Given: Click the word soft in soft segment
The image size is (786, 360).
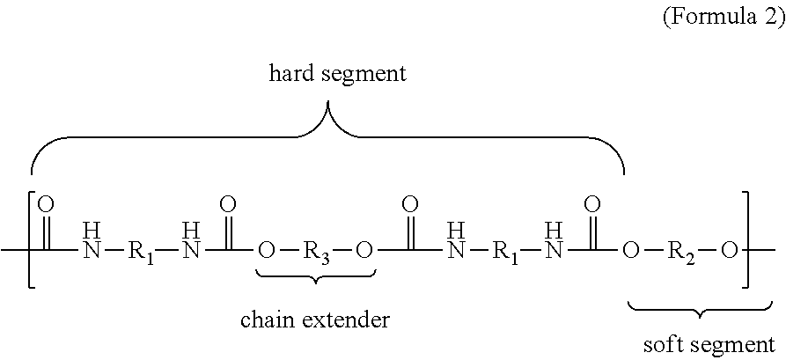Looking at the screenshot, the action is click(662, 345).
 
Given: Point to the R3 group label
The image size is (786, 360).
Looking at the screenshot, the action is click(316, 251).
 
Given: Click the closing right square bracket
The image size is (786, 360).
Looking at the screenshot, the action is click(746, 239).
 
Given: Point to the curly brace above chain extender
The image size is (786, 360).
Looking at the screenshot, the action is click(316, 276).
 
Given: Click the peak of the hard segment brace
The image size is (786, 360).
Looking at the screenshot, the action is click(328, 103).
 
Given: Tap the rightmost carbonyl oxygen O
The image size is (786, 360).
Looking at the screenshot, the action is click(592, 204).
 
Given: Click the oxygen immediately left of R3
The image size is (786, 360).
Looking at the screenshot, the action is click(267, 250).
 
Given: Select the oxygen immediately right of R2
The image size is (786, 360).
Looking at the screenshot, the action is click(730, 250).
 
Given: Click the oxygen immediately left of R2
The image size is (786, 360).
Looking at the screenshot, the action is click(631, 250).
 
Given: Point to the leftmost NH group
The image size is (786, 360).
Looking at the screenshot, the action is click(92, 242).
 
